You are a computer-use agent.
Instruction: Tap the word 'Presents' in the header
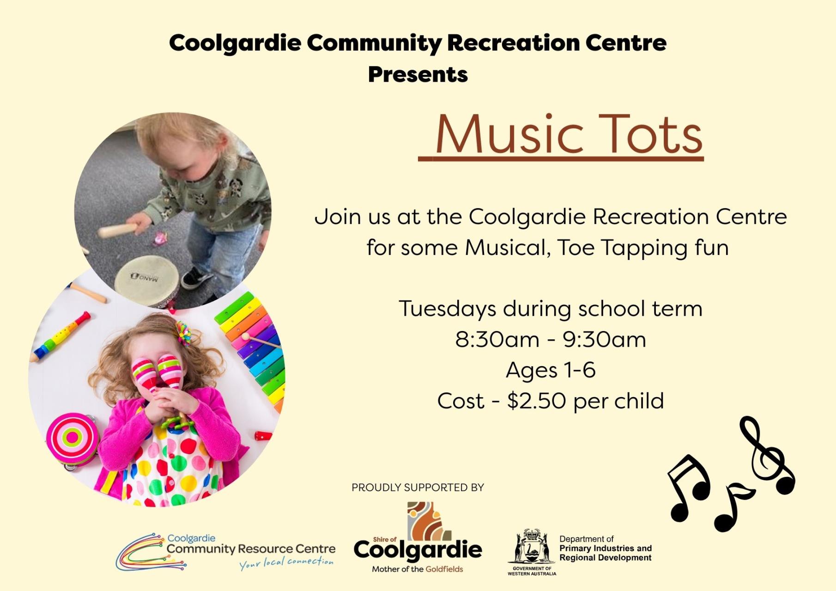(418, 75)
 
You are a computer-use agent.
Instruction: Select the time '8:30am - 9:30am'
(551, 340)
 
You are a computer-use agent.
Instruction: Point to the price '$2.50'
(536, 401)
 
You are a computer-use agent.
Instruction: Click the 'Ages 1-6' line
(551, 371)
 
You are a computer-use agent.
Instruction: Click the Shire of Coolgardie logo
(418, 537)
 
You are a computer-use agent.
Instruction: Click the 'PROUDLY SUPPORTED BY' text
(418, 488)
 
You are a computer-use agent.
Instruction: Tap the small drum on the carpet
(147, 280)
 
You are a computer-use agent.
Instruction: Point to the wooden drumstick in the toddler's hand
(118, 229)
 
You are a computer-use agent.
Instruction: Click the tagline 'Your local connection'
(286, 563)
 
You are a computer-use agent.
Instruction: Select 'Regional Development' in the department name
(605, 558)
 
